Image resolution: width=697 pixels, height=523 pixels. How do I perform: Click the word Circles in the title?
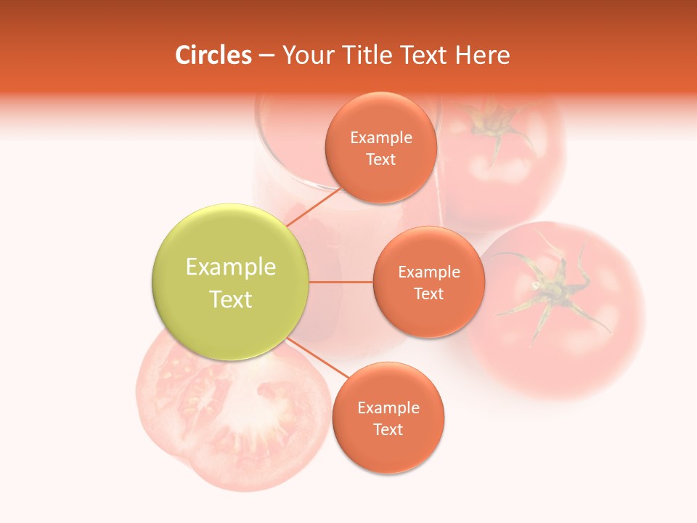point(213,55)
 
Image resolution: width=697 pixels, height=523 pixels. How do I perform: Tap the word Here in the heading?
point(482,55)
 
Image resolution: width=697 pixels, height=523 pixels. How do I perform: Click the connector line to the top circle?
point(314,207)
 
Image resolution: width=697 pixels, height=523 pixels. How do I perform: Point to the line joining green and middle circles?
point(341,282)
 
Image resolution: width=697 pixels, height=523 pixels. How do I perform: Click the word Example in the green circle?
point(231,267)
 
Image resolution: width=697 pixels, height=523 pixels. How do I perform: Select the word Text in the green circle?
point(231,299)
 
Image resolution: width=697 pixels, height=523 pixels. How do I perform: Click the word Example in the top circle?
point(381,138)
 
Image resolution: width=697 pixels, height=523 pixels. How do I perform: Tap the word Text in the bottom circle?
point(388,430)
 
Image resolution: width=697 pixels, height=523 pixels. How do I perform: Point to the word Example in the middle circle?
point(429,272)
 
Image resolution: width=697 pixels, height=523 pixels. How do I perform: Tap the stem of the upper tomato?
point(494,123)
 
